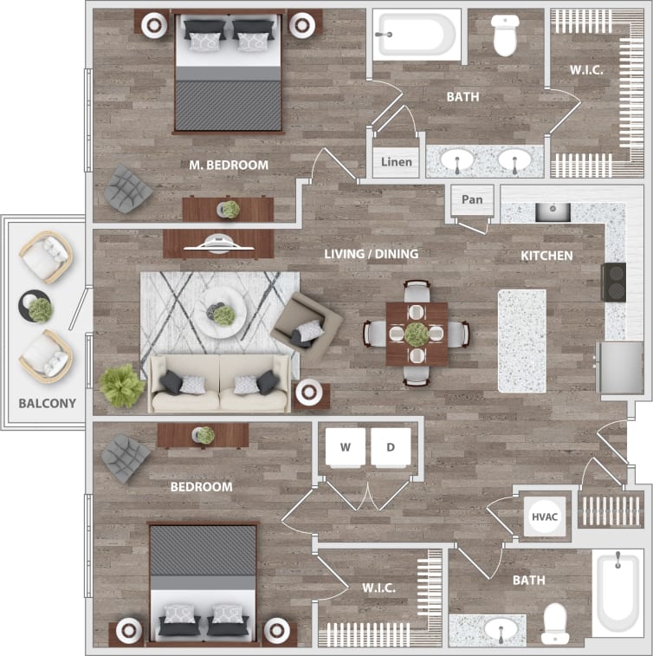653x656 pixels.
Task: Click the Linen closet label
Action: click(397, 162)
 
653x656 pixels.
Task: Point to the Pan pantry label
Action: click(472, 200)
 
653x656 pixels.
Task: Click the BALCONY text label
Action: click(48, 403)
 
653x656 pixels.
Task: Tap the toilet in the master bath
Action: click(505, 35)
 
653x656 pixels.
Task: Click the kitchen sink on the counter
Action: click(551, 211)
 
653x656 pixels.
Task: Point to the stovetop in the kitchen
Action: click(613, 282)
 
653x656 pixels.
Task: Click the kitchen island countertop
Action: click(522, 340)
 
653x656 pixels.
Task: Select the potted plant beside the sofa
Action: click(122, 386)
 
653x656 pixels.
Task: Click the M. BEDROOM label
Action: click(229, 165)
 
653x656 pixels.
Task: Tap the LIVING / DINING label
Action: click(371, 254)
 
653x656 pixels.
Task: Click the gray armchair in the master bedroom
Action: click(128, 188)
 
